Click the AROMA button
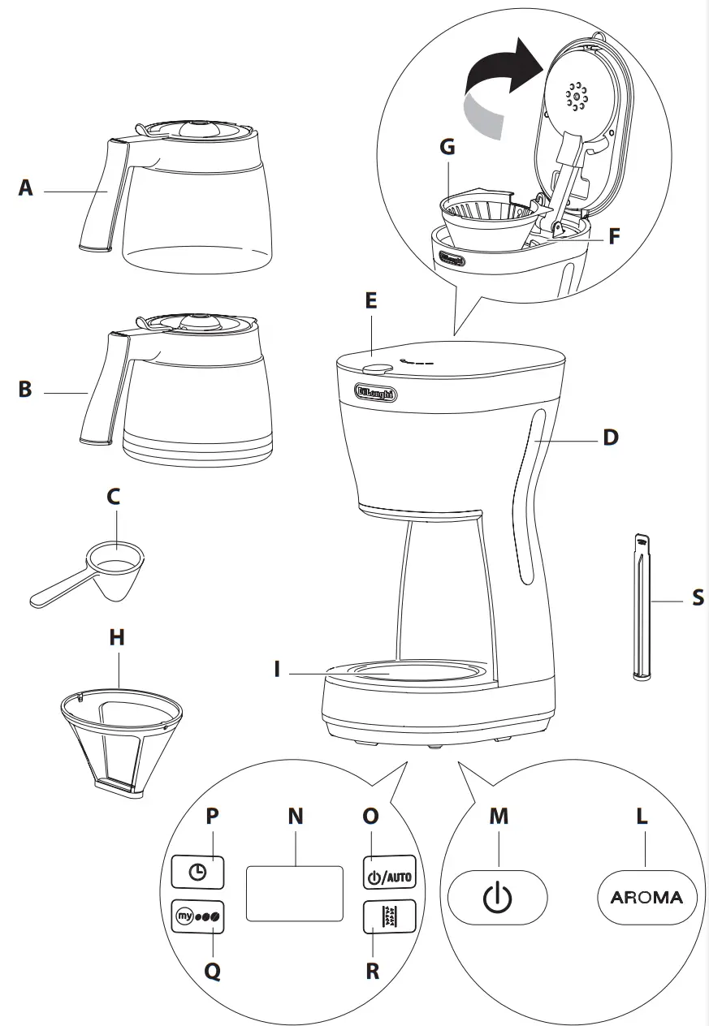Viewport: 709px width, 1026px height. tap(646, 898)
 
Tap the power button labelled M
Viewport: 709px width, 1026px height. tap(498, 898)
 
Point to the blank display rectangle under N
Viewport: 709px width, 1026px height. tap(295, 893)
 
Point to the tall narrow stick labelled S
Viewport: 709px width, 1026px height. tap(642, 605)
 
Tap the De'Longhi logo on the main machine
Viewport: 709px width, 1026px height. tap(377, 394)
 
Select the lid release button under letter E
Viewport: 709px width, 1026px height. tap(375, 369)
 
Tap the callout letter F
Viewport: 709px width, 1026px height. tap(614, 239)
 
